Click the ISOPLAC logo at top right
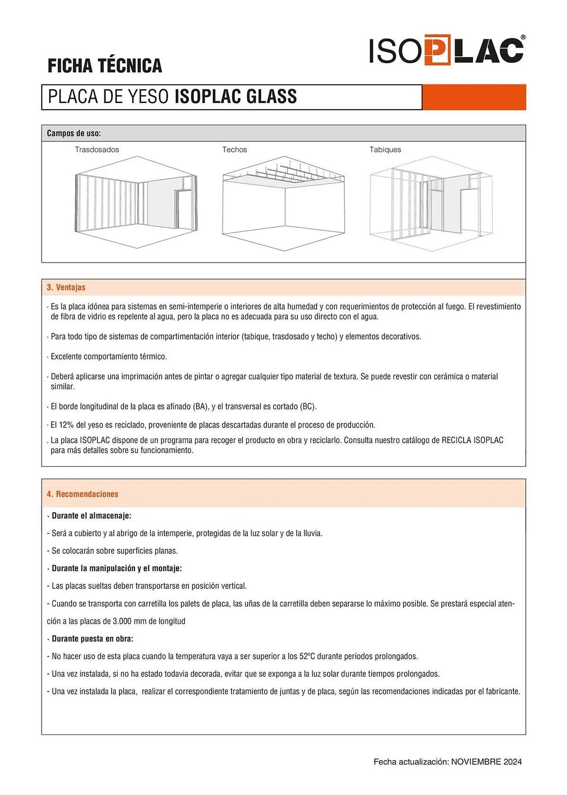447,50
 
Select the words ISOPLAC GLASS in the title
236,97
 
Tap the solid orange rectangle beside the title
474,97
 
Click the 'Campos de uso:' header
74,133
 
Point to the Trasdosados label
97,149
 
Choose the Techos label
235,149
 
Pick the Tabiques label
385,149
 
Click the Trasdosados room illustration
136,202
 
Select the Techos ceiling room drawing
283,204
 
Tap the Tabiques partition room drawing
431,204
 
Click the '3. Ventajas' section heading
66,287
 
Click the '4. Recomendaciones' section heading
83,494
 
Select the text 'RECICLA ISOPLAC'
472,440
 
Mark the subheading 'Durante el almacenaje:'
91,516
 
